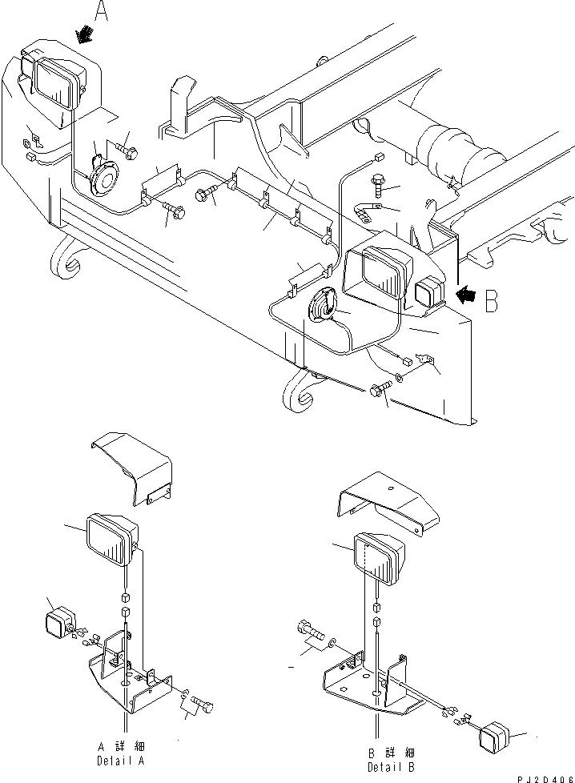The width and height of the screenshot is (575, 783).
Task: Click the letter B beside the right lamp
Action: pyautogui.click(x=493, y=300)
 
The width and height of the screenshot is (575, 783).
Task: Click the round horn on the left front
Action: pyautogui.click(x=102, y=173)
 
